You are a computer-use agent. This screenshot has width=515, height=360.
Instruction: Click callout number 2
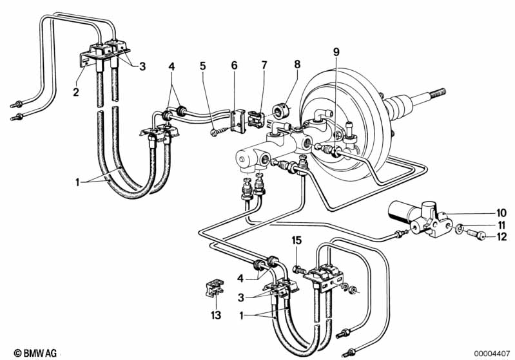76,92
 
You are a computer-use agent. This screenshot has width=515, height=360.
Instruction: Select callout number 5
202,66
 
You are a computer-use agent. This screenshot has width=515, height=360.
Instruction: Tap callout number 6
234,65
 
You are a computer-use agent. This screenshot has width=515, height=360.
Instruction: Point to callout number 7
264,65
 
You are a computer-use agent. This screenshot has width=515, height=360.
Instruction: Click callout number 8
297,64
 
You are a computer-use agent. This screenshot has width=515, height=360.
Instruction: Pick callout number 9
336,52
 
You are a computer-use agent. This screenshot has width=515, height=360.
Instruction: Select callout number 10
501,213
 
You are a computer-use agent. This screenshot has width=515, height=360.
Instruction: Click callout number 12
501,236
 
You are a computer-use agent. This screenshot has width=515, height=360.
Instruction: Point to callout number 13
216,316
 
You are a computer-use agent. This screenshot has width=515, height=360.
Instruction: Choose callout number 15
296,241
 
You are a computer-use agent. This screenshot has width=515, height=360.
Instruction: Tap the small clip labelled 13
215,287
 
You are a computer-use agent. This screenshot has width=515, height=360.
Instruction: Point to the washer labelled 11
460,228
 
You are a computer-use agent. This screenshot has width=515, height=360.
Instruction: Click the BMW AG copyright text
35,353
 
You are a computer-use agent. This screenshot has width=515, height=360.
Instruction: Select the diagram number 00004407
492,354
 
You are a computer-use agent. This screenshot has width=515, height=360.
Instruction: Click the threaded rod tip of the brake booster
437,93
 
